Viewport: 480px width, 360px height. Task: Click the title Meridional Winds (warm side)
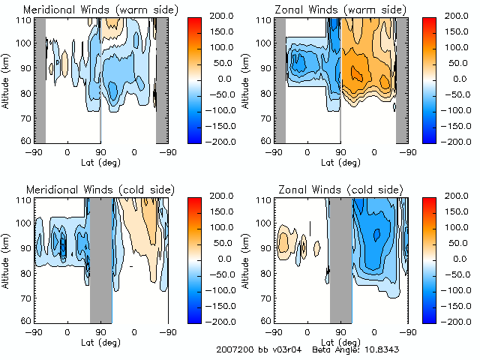click(x=91, y=9)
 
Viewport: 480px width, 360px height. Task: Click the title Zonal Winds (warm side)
click(x=331, y=9)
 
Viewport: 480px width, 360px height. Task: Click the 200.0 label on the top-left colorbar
click(x=228, y=15)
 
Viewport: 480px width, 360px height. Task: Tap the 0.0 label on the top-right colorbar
click(x=461, y=78)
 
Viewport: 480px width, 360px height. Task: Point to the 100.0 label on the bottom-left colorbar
click(x=228, y=226)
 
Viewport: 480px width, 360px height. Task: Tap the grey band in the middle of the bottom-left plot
click(x=100, y=259)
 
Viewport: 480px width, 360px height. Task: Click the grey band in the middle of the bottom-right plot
click(x=340, y=259)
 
